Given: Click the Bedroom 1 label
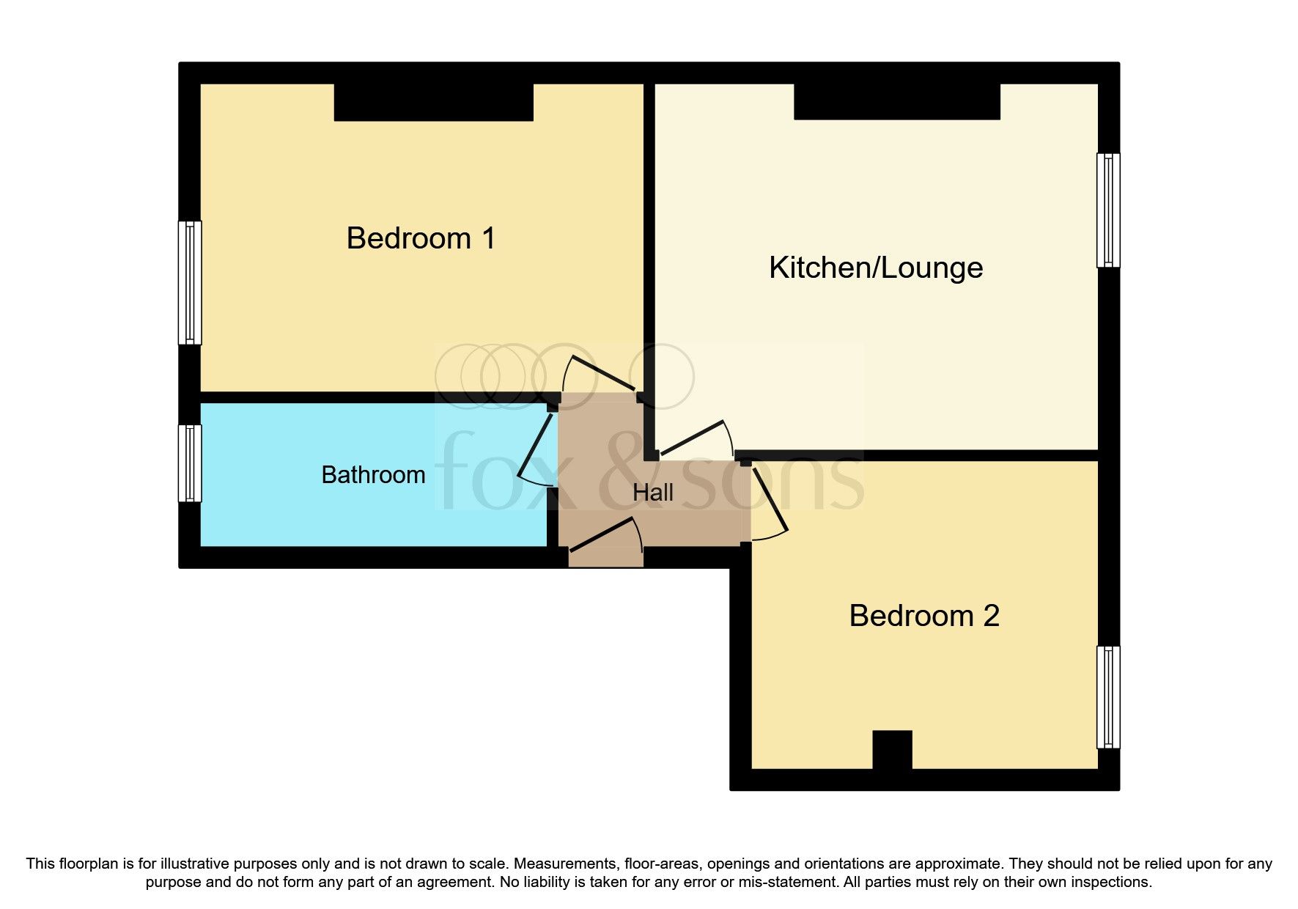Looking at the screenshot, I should click(x=421, y=238).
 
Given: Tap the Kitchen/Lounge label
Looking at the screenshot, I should click(x=875, y=268).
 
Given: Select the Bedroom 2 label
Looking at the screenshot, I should click(x=923, y=616).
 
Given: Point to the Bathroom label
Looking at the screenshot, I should click(x=373, y=475).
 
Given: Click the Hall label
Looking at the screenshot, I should click(x=652, y=493).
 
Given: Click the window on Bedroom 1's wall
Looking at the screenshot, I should click(x=190, y=283).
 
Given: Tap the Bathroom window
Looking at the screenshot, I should click(x=190, y=463).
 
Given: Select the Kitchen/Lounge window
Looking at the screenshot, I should click(x=1108, y=210).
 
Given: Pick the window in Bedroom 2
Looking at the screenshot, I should click(x=1108, y=696).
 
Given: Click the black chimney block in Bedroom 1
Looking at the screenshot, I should click(x=433, y=102).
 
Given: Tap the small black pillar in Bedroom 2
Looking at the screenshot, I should click(x=892, y=749).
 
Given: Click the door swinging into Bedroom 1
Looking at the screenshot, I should click(x=601, y=373).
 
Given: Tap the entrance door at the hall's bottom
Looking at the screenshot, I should click(x=605, y=535).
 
